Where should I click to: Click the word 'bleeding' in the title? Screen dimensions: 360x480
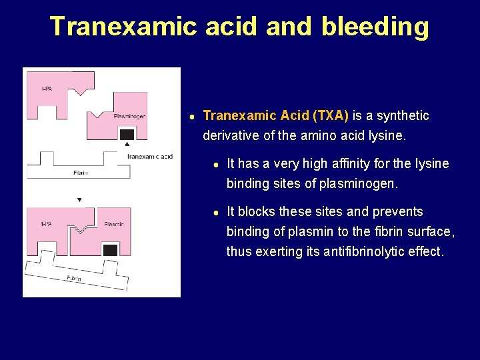pos(375,26)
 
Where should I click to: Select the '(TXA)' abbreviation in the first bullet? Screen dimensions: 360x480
pos(330,115)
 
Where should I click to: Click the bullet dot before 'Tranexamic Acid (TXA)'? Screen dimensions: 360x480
pos(191,117)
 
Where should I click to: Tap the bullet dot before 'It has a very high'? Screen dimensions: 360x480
pos(216,165)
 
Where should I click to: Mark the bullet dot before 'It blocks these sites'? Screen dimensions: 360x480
pos(216,213)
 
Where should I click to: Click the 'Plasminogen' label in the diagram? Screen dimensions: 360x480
pos(129,116)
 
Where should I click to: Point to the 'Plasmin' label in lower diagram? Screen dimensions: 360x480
pos(113,224)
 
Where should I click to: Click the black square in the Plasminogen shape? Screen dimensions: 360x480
pos(127,134)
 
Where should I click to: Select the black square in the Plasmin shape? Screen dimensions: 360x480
pos(111,250)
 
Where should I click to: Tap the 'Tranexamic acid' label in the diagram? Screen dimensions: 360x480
pos(149,157)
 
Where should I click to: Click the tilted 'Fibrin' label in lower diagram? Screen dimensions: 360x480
pos(74,278)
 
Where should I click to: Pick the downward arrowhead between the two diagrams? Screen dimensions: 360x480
pos(79,199)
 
